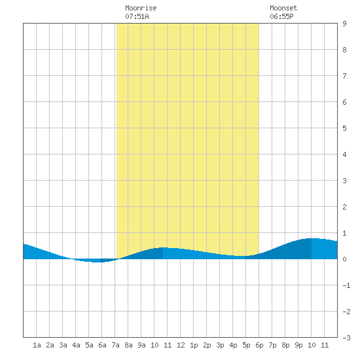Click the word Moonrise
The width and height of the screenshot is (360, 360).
click(141, 8)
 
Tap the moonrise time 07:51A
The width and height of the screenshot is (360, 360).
click(137, 16)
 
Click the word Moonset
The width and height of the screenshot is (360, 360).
click(283, 8)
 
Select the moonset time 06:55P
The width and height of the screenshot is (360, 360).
click(281, 16)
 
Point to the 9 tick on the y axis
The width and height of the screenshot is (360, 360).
click(344, 24)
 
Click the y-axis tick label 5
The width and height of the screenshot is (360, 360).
click(344, 128)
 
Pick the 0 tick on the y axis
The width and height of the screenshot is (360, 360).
click(344, 259)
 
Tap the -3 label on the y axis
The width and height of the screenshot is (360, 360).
click(346, 338)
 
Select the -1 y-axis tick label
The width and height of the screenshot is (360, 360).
click(346, 285)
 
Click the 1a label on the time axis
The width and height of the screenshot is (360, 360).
click(37, 345)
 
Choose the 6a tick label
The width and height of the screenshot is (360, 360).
click(102, 345)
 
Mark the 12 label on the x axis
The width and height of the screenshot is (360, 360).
click(181, 345)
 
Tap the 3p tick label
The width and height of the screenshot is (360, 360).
click(220, 345)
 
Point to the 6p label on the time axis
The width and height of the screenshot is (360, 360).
click(259, 345)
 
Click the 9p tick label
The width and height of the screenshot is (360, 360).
click(298, 345)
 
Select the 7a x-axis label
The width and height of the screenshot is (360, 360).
click(115, 345)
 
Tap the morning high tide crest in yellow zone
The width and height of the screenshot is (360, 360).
click(163, 247)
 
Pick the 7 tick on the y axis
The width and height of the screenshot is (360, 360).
click(344, 76)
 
